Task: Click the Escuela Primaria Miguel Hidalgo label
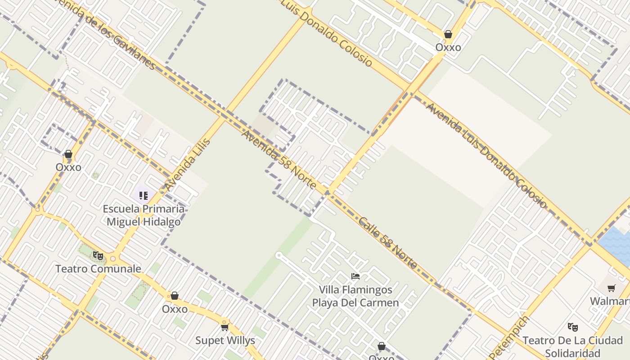pyautogui.click(x=144, y=215)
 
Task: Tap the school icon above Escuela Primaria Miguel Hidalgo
pyautogui.click(x=144, y=195)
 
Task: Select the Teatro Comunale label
pyautogui.click(x=98, y=269)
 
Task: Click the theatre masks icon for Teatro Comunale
pyautogui.click(x=98, y=256)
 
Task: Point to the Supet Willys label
pyautogui.click(x=225, y=340)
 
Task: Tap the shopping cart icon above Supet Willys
pyautogui.click(x=225, y=327)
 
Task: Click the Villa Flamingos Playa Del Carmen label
pyautogui.click(x=355, y=296)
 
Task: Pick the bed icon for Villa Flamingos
pyautogui.click(x=355, y=276)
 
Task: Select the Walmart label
pyautogui.click(x=610, y=301)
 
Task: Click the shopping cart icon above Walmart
pyautogui.click(x=611, y=288)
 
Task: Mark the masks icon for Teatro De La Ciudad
pyautogui.click(x=572, y=327)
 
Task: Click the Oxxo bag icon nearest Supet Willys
pyautogui.click(x=175, y=296)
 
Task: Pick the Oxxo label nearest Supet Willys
pyautogui.click(x=175, y=309)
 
